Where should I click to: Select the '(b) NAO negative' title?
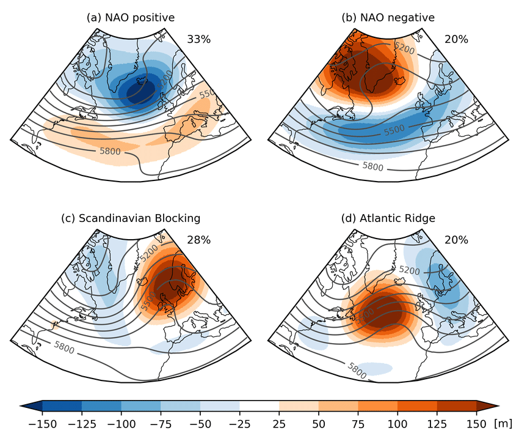click(x=388, y=18)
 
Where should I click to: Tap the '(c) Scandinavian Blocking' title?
click(x=131, y=218)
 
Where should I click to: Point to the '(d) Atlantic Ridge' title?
click(x=388, y=218)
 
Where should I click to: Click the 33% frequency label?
click(x=198, y=39)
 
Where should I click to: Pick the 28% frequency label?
click(x=198, y=240)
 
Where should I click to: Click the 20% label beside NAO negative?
click(x=456, y=39)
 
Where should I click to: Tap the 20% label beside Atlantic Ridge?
click(x=456, y=240)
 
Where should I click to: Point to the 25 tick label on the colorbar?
click(x=279, y=423)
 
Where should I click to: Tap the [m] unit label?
click(x=503, y=423)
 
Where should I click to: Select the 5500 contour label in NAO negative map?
click(x=395, y=130)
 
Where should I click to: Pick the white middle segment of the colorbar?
click(x=259, y=405)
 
